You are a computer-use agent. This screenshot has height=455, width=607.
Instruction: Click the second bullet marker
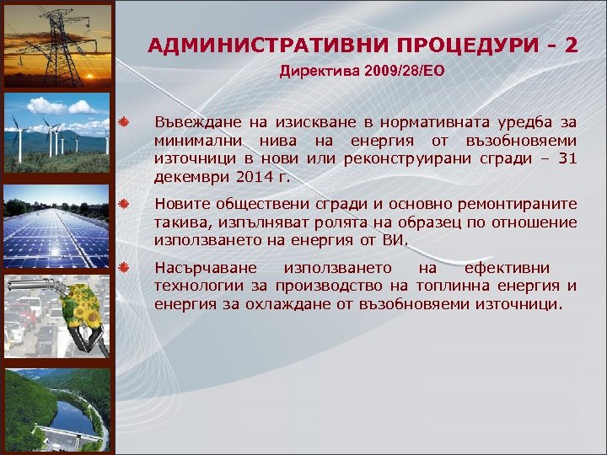click(123, 205)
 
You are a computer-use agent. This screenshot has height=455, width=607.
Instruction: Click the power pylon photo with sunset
click(57, 42)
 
